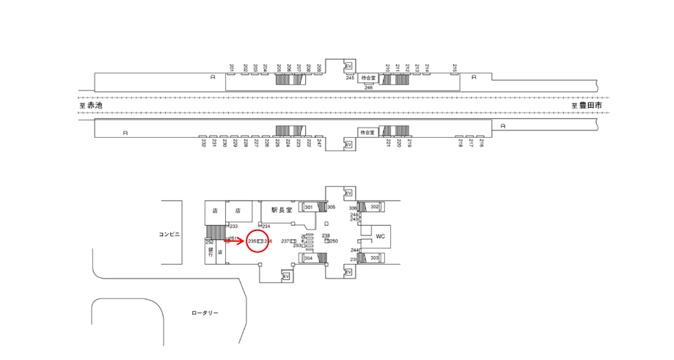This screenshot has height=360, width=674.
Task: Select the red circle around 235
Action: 258,240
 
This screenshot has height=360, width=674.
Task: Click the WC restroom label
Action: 380,236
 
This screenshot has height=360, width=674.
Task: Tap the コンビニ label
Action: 170,235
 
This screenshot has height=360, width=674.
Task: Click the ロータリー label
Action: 205,313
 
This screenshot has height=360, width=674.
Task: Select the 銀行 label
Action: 210,251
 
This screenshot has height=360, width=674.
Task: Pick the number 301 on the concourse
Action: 309,207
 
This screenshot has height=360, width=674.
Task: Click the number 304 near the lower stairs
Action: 309,258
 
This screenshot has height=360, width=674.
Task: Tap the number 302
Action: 374,207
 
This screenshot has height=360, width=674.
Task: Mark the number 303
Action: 374,258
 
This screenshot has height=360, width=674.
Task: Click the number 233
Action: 233,227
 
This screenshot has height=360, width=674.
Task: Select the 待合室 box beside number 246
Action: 367,78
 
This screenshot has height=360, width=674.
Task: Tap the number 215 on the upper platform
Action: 455,68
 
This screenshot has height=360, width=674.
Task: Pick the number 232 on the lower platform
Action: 203,144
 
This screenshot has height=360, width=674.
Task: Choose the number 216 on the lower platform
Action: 481,144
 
